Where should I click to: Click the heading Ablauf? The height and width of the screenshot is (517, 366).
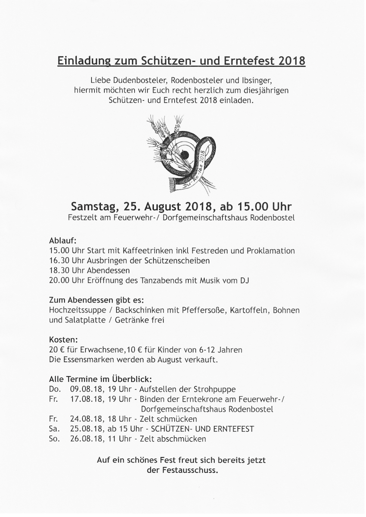click(63, 241)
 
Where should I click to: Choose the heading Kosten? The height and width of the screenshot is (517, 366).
click(62, 340)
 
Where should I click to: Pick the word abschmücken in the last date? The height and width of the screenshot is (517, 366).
click(185, 439)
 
